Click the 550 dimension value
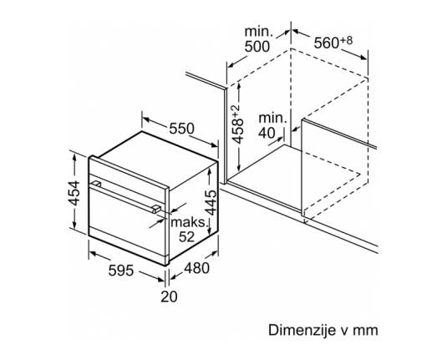[181, 129]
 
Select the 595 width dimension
[121, 271]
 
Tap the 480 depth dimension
[196, 268]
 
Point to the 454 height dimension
[74, 192]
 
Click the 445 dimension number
[211, 202]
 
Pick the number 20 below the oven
[169, 297]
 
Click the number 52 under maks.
[186, 236]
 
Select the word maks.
[188, 222]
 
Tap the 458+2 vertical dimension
[237, 124]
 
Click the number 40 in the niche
[267, 133]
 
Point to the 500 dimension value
[257, 47]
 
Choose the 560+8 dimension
[333, 43]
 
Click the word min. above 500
[259, 32]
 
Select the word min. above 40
[272, 118]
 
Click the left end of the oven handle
[96, 184]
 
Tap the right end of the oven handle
[156, 210]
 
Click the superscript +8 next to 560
[346, 40]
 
